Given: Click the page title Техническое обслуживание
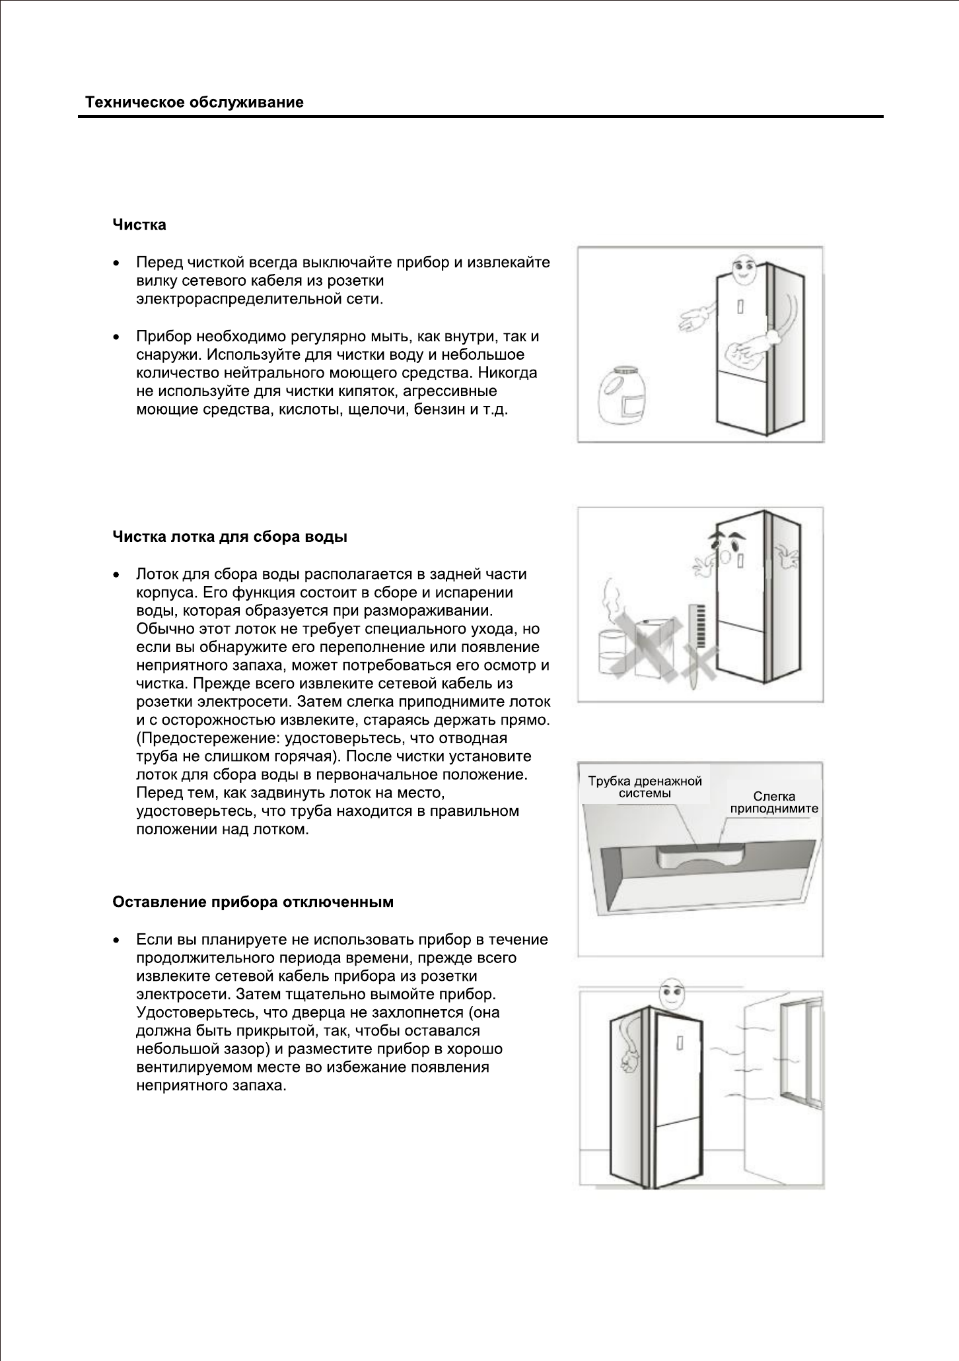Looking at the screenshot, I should [194, 103].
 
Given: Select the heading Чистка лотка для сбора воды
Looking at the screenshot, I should [230, 537].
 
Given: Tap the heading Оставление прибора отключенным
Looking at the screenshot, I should [253, 902].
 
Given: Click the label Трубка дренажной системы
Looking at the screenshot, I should [645, 787].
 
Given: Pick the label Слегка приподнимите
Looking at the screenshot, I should [774, 802].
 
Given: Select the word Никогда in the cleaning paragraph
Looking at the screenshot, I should [508, 373].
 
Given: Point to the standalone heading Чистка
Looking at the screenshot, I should [139, 225].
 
